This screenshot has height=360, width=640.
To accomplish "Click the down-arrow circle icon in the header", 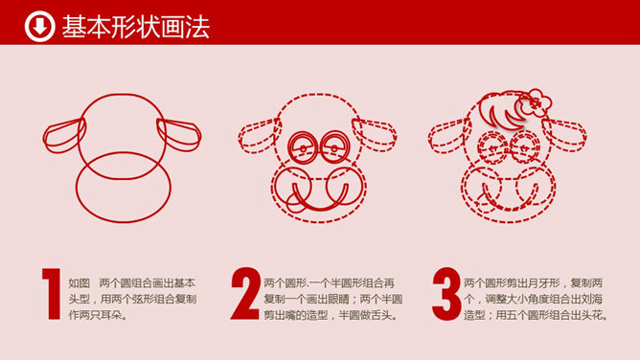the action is [x=39, y=27].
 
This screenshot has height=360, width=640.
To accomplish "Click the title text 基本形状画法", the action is [x=135, y=27].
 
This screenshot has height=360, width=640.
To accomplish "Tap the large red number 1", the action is [x=52, y=294].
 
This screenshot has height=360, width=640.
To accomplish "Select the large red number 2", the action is [x=245, y=294].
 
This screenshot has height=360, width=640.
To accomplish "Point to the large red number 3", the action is [x=446, y=294].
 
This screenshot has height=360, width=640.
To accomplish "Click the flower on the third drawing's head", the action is [x=536, y=102].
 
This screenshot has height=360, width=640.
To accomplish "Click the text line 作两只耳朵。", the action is [x=98, y=315].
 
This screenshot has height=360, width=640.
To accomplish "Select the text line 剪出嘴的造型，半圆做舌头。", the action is [x=331, y=315].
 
